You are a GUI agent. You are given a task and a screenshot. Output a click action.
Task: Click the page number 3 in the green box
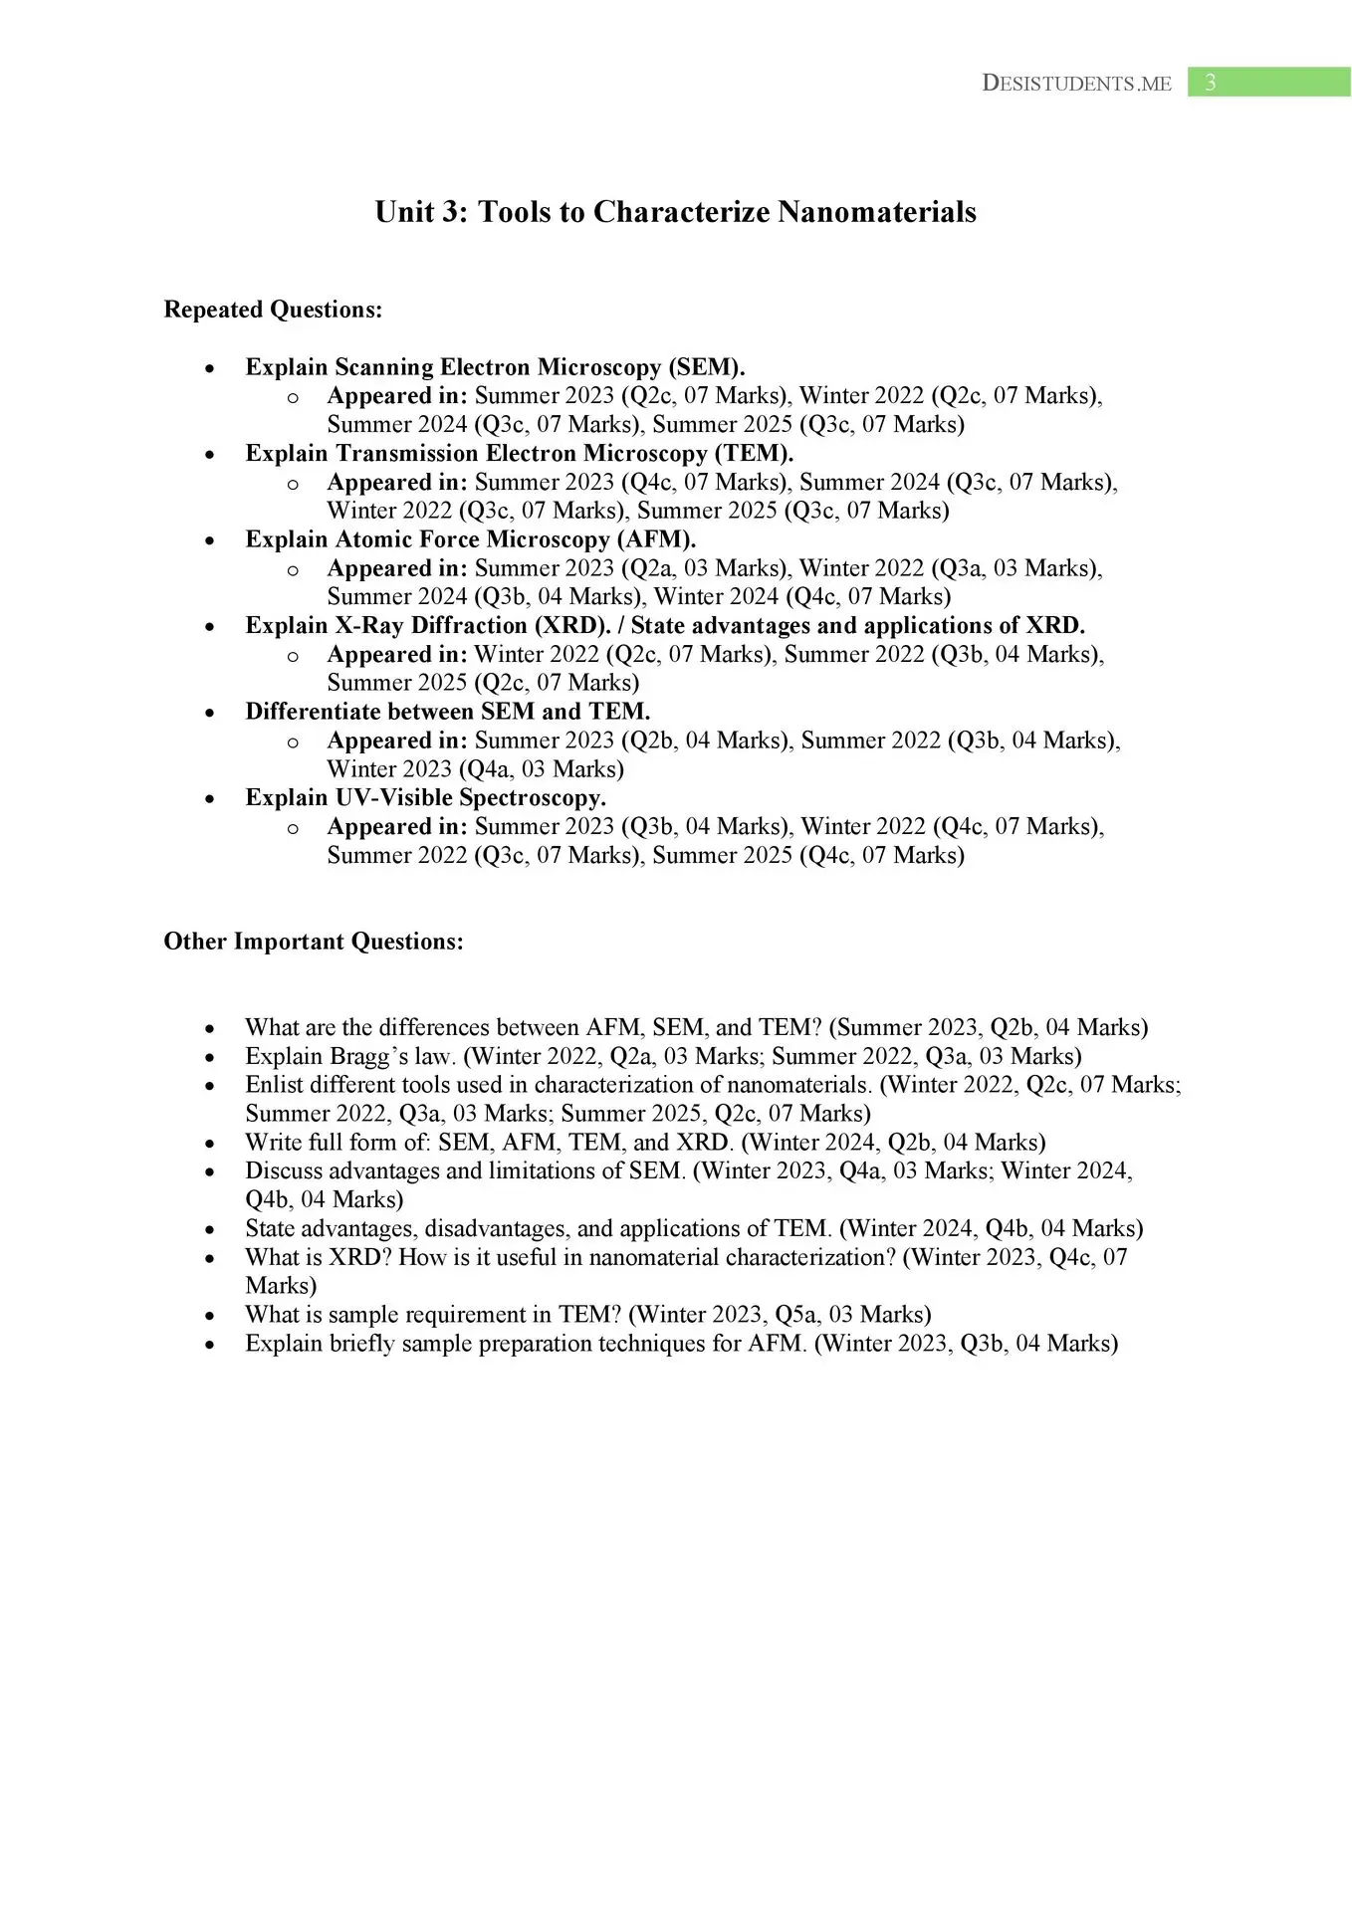[1210, 83]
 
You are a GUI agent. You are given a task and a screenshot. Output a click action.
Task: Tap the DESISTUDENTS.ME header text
[1076, 84]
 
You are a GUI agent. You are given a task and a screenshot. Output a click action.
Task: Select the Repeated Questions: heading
[273, 310]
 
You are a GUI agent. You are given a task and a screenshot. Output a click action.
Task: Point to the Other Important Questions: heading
[314, 942]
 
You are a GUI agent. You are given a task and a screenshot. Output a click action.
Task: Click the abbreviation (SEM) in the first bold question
[709, 367]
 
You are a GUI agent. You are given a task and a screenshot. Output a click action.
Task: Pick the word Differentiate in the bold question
[313, 712]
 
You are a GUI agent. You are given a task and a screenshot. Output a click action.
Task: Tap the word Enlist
[274, 1085]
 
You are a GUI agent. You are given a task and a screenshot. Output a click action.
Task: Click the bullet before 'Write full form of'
[210, 1144]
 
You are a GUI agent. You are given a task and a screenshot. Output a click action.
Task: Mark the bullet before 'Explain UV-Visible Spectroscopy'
[210, 798]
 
